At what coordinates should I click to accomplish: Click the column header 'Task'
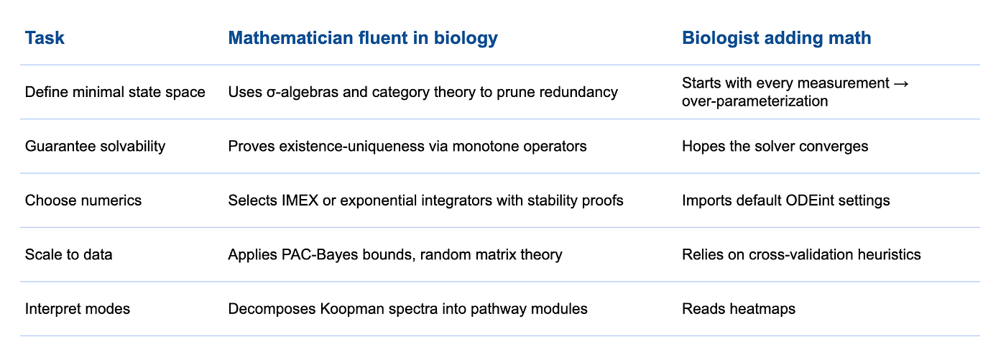(45, 38)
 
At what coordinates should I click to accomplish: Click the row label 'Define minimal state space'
(115, 92)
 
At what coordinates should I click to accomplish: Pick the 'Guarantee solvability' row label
(95, 147)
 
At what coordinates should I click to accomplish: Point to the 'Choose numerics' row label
(83, 200)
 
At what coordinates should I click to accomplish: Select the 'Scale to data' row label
(69, 254)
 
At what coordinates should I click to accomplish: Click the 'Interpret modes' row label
(78, 309)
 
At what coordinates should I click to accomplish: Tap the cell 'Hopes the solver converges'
(775, 147)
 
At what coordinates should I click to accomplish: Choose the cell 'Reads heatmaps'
(739, 309)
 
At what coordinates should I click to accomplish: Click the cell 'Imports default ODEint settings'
(786, 200)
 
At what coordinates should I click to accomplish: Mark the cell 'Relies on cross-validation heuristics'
(801, 254)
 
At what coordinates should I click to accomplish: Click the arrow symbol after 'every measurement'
(901, 83)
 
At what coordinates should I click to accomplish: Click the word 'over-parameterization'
(755, 101)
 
